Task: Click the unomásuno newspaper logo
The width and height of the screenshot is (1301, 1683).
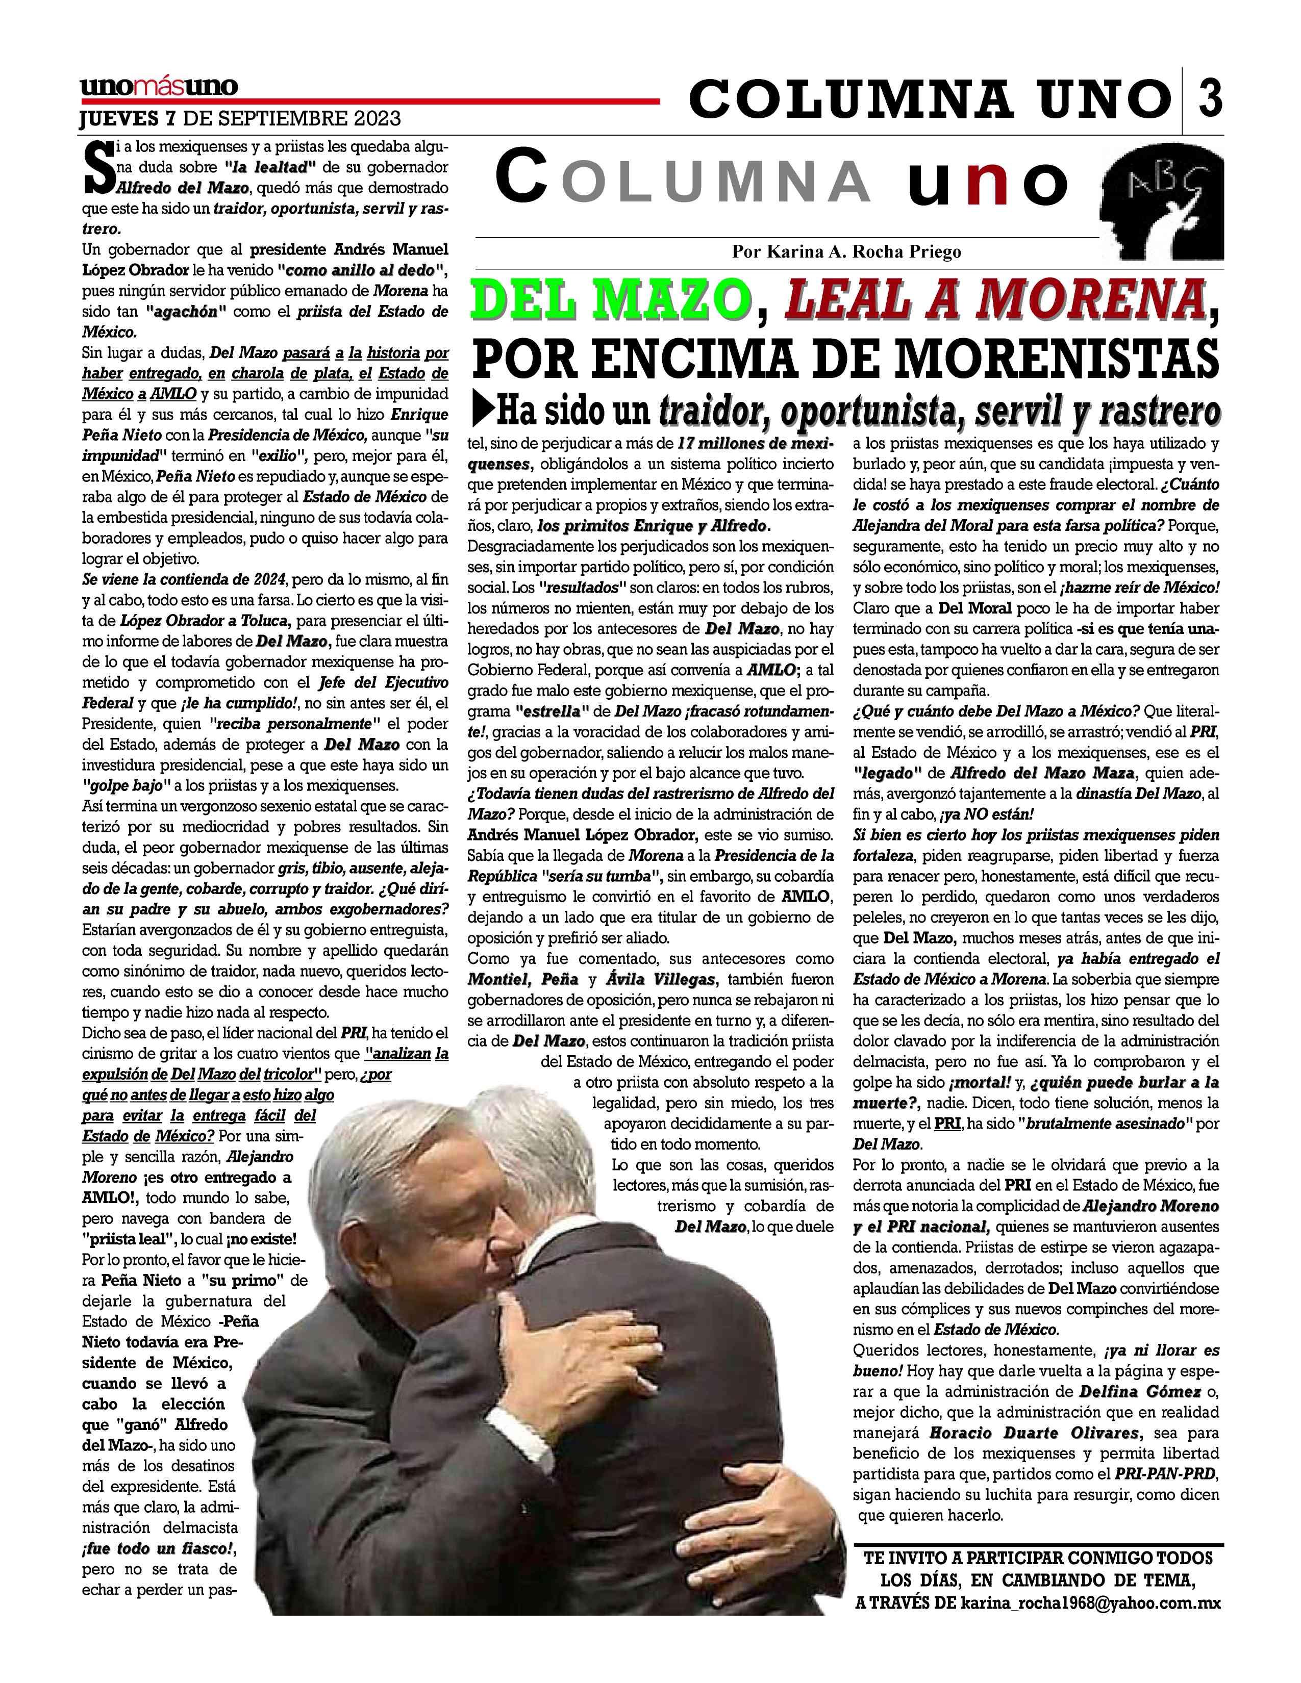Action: [x=159, y=86]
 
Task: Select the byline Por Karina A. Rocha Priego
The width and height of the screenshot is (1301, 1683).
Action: [x=847, y=251]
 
